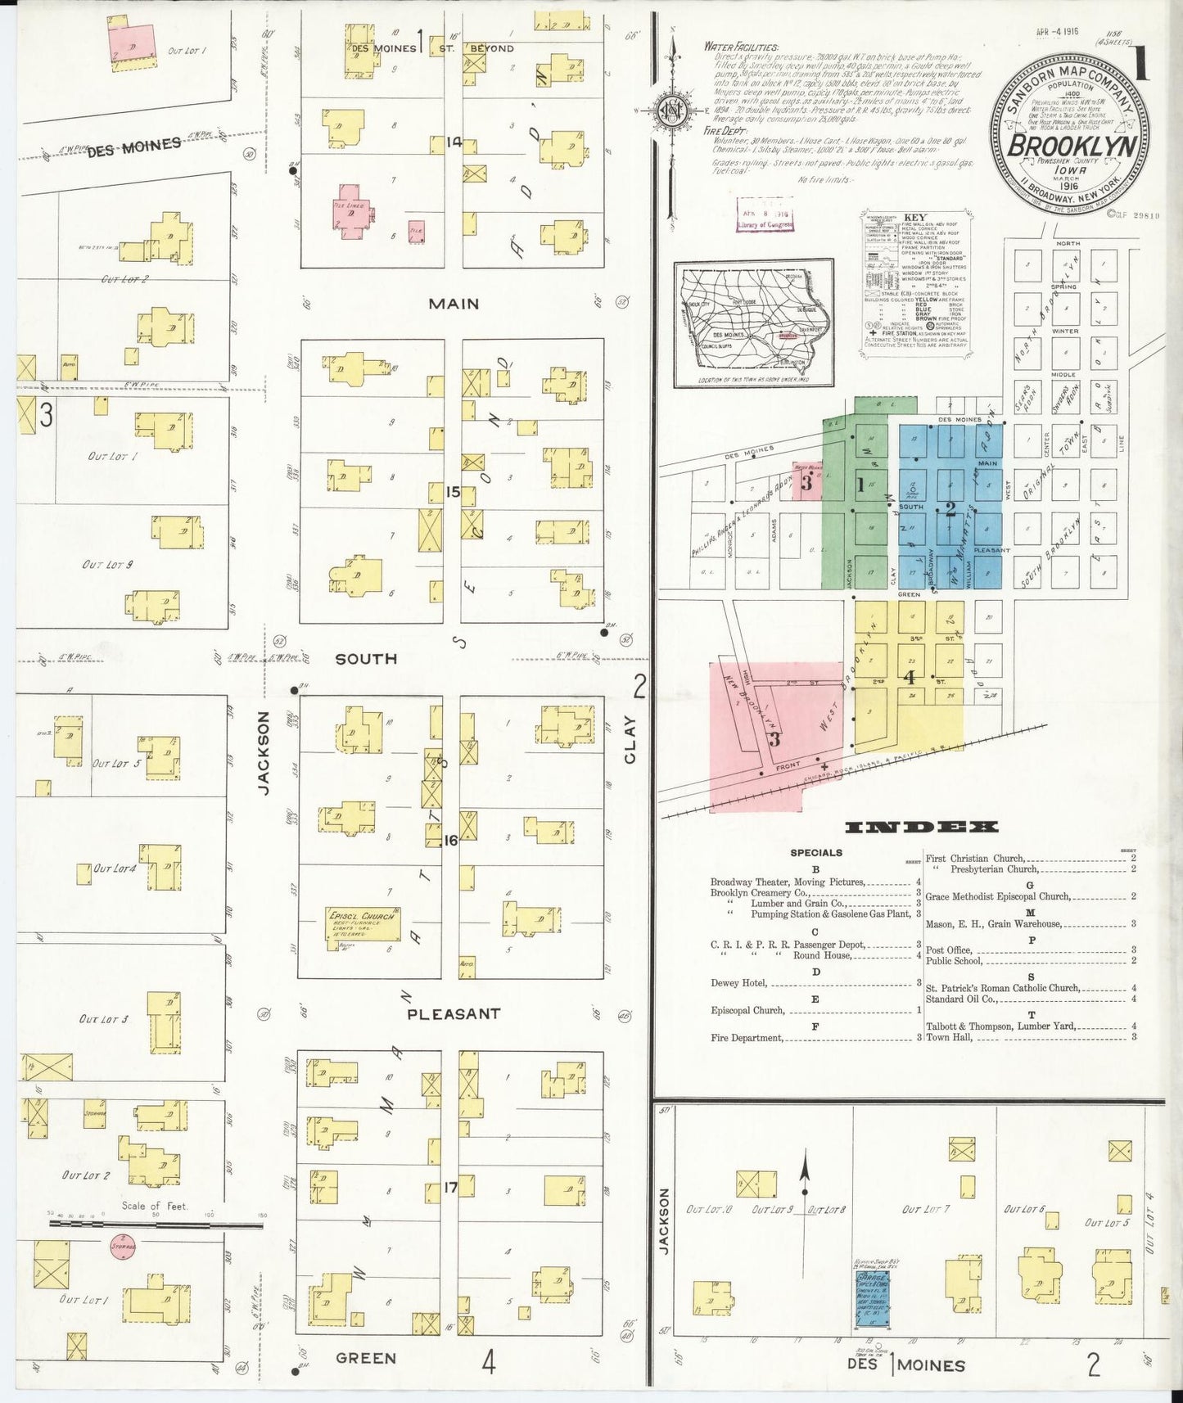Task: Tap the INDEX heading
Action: [x=921, y=828]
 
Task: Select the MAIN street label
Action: [x=454, y=304]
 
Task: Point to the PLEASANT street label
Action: [x=454, y=1013]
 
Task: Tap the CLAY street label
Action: [x=630, y=740]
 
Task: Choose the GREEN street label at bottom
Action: [x=366, y=1358]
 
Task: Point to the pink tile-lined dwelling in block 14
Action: [x=353, y=216]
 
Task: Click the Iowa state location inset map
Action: [x=753, y=323]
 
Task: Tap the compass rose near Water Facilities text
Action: [x=673, y=111]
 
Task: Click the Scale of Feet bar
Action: [x=156, y=1224]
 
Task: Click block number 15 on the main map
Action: [x=454, y=492]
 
